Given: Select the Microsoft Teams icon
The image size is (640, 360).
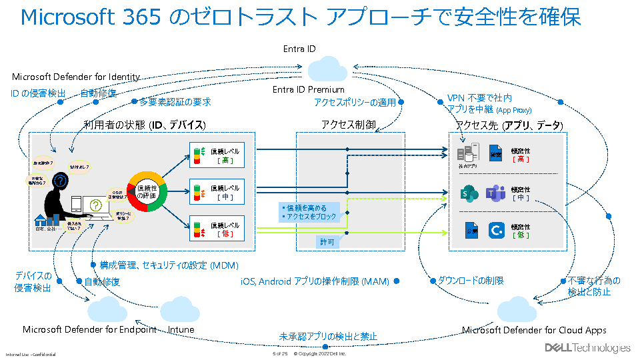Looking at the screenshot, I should point(495,193).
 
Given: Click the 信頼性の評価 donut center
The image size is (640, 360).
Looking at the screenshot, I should point(147,191).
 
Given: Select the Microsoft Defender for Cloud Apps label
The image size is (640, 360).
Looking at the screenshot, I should point(534,329).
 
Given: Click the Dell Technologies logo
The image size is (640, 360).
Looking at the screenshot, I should point(587,347).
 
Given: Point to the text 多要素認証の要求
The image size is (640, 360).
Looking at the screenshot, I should point(175,102).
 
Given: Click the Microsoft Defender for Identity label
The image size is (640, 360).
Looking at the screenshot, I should point(76,77).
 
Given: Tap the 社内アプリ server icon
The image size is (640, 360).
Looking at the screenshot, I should point(471,151).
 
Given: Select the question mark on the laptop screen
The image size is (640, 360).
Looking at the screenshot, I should point(96,205).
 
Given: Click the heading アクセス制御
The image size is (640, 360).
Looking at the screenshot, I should point(348,125).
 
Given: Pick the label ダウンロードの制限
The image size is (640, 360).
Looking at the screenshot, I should point(470,281).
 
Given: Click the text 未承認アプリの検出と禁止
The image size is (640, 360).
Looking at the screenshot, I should point(328,337).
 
